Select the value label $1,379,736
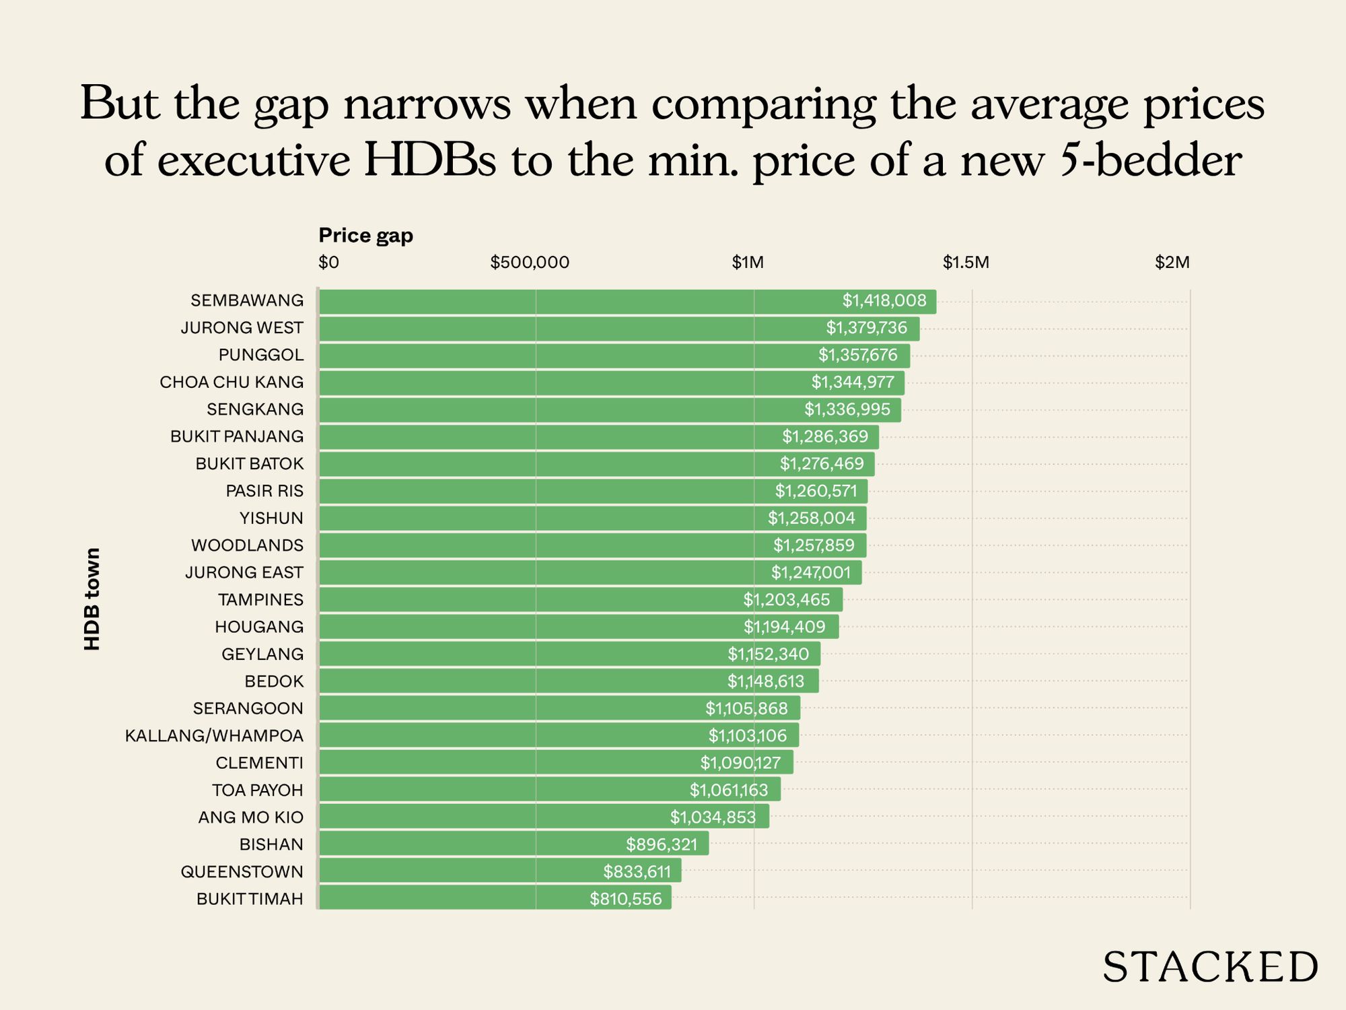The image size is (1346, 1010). click(x=866, y=328)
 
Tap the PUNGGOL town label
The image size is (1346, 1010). click(x=260, y=355)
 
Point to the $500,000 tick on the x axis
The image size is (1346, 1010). click(x=530, y=263)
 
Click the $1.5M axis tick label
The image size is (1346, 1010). click(x=966, y=263)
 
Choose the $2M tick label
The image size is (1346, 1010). click(x=1172, y=263)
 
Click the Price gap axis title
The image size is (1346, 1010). click(x=365, y=236)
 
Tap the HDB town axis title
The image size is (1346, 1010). click(x=92, y=599)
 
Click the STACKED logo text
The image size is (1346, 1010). click(x=1209, y=968)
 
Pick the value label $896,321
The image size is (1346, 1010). click(x=662, y=844)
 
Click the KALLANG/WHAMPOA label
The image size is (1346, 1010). click(x=214, y=736)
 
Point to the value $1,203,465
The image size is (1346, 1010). click(x=786, y=599)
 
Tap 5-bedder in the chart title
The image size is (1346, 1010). click(x=1150, y=162)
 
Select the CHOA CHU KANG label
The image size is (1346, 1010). click(x=232, y=382)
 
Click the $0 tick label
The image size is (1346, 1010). click(x=328, y=263)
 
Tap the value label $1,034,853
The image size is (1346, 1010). click(x=713, y=817)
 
